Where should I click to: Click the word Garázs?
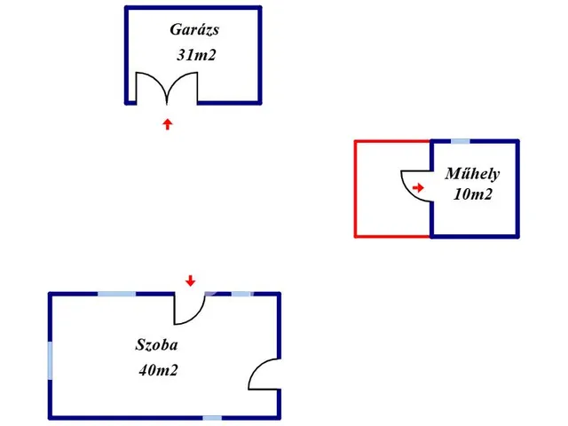tap(194, 30)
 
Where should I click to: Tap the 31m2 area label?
tap(197, 55)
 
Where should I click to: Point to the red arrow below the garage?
tap(167, 123)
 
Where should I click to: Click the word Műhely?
tap(472, 174)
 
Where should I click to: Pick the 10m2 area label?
tap(472, 195)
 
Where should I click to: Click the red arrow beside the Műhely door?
tap(418, 187)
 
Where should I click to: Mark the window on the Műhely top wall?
tap(461, 141)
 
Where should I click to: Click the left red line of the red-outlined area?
tap(355, 188)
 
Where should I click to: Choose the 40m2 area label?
tap(158, 370)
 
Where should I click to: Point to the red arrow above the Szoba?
tap(190, 281)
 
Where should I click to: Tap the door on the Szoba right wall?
tap(264, 374)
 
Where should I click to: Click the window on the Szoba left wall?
tap(51, 358)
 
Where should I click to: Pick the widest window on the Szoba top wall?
tap(116, 294)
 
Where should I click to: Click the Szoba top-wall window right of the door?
tap(240, 294)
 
